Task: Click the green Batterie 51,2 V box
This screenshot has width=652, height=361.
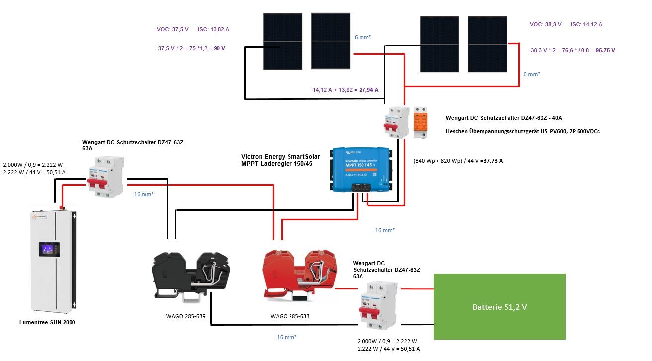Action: [x=499, y=306]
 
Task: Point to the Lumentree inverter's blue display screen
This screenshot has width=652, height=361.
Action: [x=49, y=249]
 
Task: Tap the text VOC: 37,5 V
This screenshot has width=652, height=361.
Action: [x=173, y=30]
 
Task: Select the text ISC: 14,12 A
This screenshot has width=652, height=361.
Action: [x=586, y=24]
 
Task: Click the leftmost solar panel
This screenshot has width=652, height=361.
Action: [x=283, y=41]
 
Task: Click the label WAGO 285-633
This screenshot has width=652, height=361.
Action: [x=290, y=316]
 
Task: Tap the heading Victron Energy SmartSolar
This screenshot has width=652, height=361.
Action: [x=281, y=156]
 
